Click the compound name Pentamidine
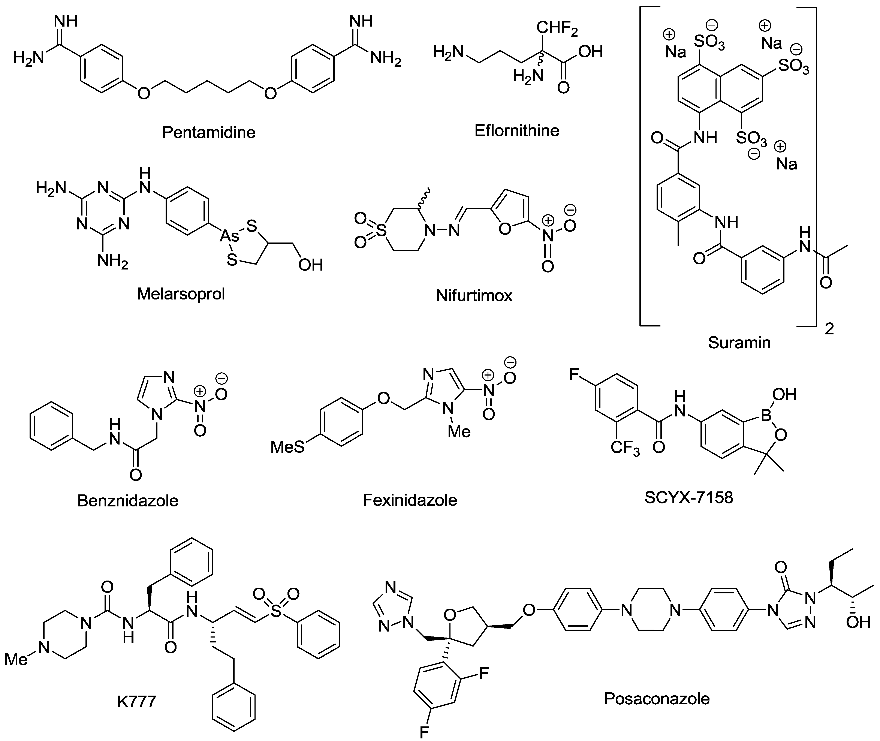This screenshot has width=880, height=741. coord(209,132)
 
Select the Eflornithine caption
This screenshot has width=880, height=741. coord(517,131)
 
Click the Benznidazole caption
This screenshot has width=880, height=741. coord(128,500)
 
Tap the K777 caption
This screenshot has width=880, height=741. coord(136,702)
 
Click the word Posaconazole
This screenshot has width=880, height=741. coord(657,699)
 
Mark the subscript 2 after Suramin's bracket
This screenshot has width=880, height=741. coord(829,329)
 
